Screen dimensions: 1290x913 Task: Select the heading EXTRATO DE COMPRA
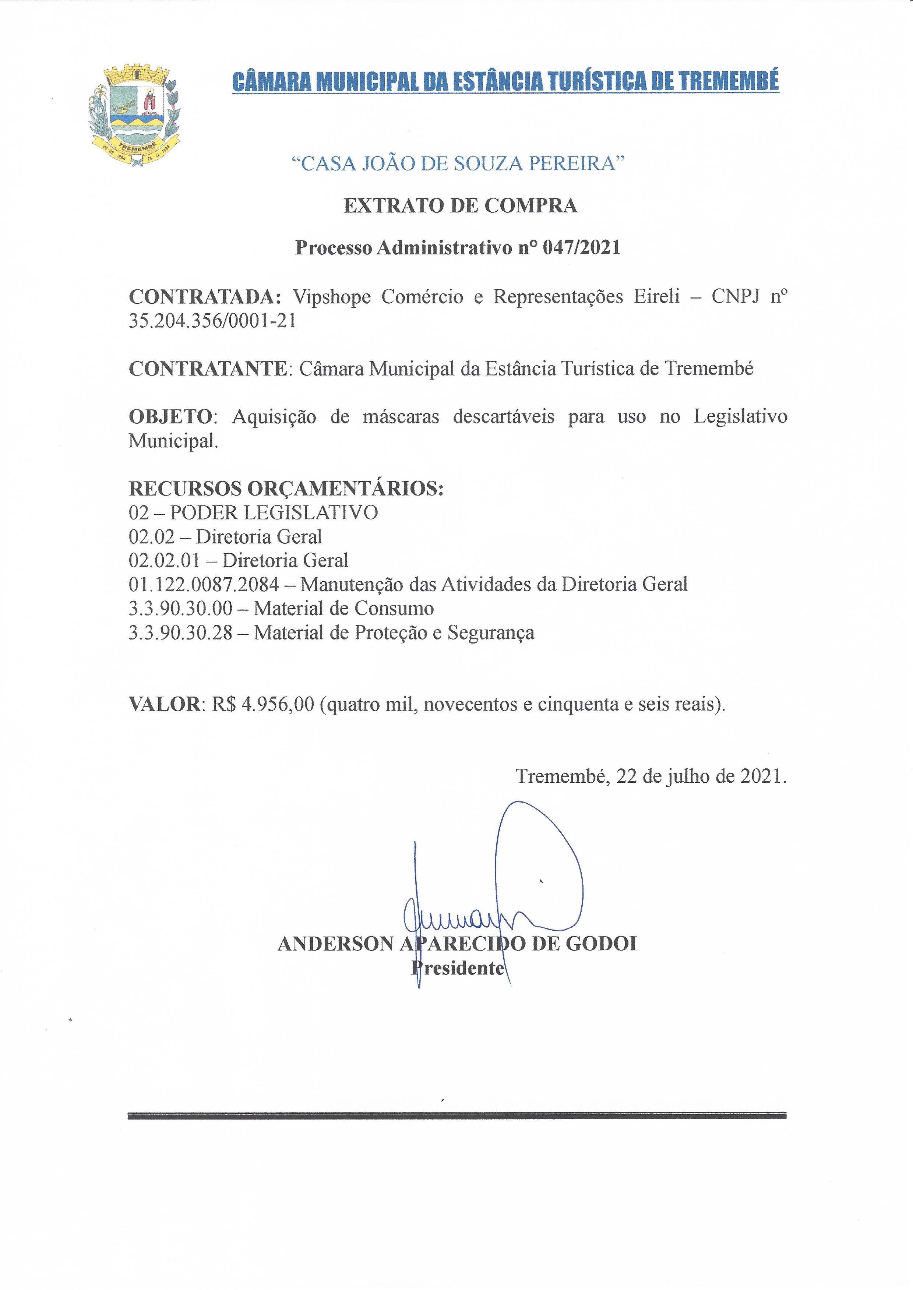(460, 206)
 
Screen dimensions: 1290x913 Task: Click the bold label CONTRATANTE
(208, 369)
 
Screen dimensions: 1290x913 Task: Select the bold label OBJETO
(170, 416)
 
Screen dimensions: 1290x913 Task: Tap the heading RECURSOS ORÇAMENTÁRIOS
(286, 489)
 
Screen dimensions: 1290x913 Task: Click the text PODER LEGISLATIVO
(274, 512)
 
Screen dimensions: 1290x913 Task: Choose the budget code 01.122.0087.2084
(204, 585)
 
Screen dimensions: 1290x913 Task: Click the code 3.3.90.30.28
(180, 633)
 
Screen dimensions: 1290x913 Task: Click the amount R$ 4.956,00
(262, 704)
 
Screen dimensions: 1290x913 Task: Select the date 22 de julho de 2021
(701, 776)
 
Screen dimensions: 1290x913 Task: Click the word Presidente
(458, 968)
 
